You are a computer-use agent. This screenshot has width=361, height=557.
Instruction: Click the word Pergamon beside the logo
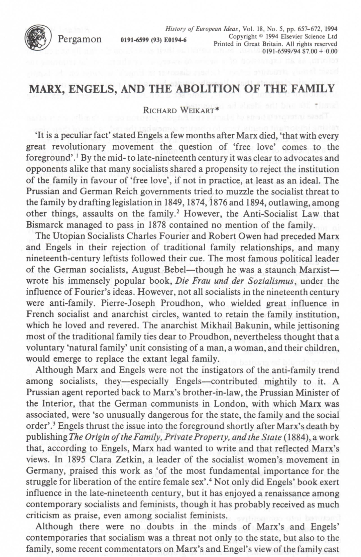coord(80,39)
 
